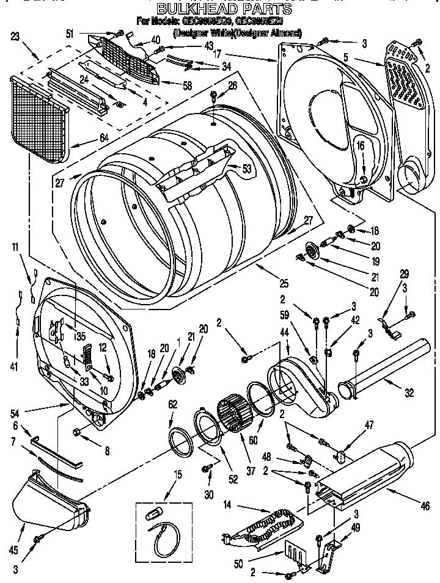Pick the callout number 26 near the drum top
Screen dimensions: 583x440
click(x=232, y=86)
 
